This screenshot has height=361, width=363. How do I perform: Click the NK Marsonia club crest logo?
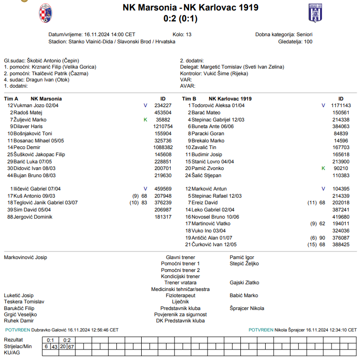46,13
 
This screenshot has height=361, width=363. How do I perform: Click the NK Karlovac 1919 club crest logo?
315,13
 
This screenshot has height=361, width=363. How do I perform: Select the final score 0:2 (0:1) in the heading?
180,19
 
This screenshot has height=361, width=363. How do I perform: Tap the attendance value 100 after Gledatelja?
308,41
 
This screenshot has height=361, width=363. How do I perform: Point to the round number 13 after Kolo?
188,34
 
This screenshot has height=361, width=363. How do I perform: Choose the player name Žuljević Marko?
30,120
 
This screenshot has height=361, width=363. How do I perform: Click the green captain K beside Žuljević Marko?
145,120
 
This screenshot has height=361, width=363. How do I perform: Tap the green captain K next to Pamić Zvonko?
323,168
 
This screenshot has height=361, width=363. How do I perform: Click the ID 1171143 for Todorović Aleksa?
341,105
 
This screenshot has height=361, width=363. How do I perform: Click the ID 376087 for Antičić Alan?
341,237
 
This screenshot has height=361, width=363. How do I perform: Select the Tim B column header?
188,99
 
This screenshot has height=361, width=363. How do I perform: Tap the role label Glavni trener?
180,257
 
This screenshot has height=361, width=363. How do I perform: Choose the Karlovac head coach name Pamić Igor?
242,257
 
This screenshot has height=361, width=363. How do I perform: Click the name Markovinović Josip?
25,257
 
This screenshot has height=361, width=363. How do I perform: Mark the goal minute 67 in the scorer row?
71,346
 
